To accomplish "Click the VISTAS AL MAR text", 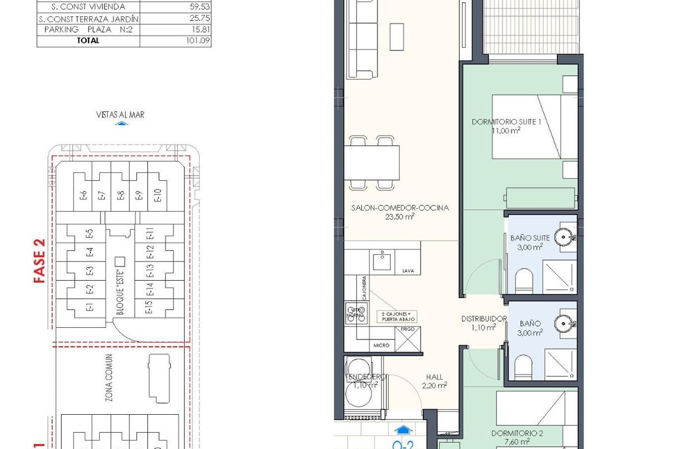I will (x=120, y=114).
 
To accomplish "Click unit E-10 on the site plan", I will (x=158, y=195).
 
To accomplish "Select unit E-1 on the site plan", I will (x=89, y=308).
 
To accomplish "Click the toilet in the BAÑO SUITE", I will (x=524, y=279).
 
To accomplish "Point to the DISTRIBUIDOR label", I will (x=483, y=319).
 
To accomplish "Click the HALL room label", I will (x=434, y=378).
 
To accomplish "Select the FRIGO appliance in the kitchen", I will (x=408, y=339).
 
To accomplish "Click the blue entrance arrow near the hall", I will (x=402, y=429).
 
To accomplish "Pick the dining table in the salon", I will (x=375, y=162).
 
